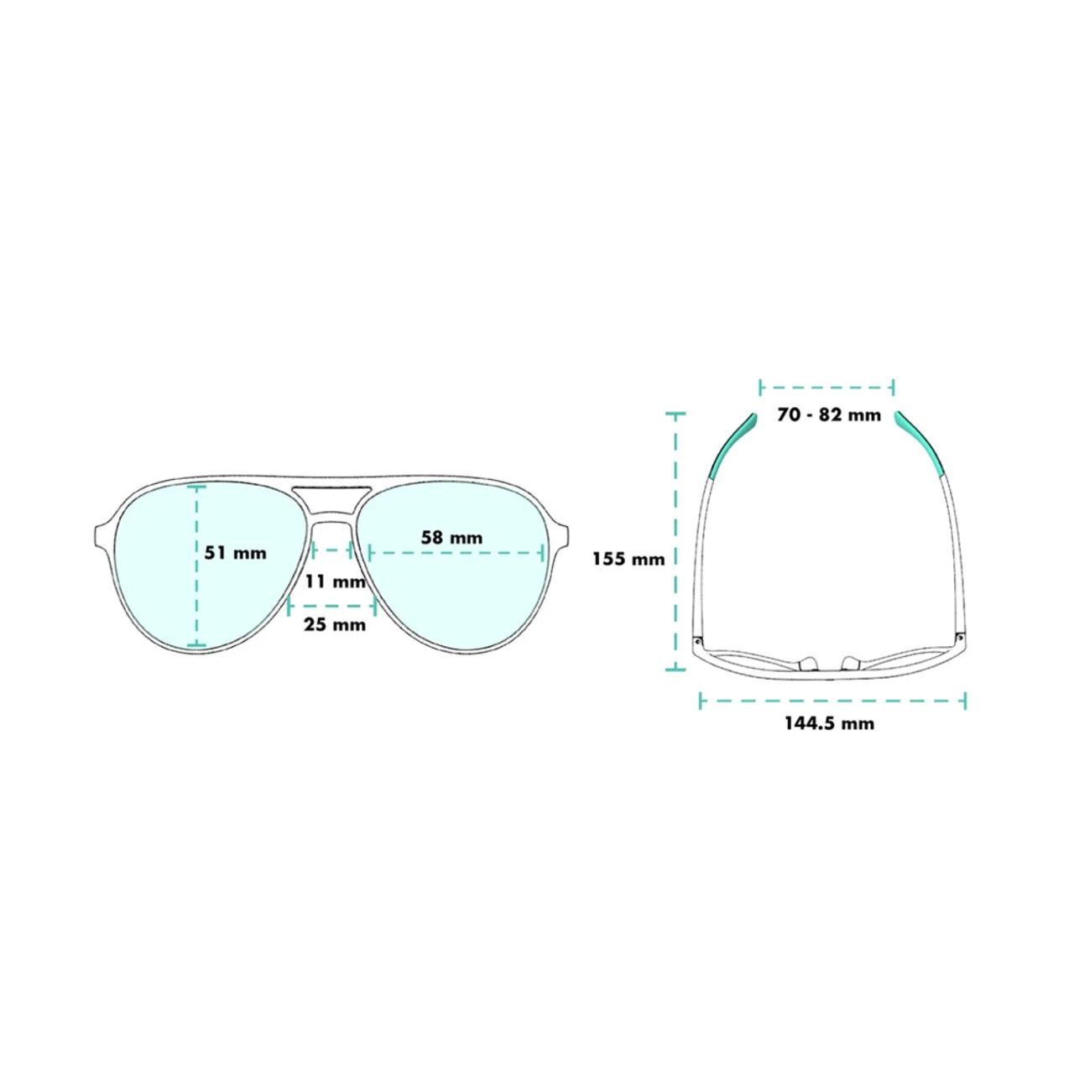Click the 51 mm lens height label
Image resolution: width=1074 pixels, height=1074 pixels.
click(235, 553)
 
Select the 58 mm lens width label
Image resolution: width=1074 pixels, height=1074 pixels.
click(451, 538)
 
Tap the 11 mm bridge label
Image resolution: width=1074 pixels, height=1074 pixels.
click(335, 581)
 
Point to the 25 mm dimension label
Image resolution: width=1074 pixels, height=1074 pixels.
click(335, 625)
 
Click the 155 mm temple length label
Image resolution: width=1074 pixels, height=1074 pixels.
click(628, 559)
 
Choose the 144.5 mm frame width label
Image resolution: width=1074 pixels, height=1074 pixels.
click(829, 723)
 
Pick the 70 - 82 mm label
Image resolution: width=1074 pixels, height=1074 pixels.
click(829, 414)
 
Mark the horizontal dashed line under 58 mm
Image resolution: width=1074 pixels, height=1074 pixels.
click(456, 553)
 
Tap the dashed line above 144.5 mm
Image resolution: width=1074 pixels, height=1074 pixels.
click(832, 701)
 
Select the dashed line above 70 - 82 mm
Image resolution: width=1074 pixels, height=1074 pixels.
click(826, 388)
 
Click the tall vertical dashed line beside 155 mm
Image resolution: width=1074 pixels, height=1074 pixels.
click(675, 541)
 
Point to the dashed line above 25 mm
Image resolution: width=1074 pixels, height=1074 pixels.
click(331, 606)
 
